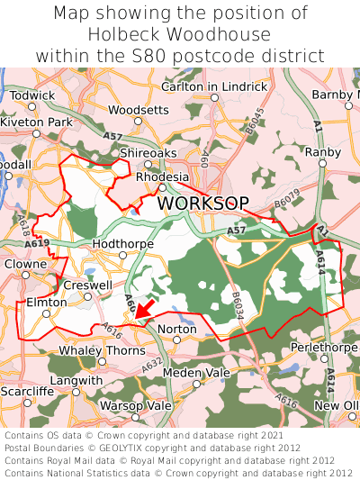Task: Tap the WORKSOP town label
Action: coord(202,204)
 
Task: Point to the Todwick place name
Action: coord(32,95)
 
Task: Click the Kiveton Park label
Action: coord(36,122)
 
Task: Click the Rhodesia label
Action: coord(162,177)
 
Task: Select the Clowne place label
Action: coord(24,265)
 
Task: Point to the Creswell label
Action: coord(87,285)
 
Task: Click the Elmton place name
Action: coord(47,303)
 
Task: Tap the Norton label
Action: coord(176,330)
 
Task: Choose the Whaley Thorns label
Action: coord(102,350)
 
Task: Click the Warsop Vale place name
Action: coord(134,405)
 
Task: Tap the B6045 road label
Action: coord(258,120)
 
